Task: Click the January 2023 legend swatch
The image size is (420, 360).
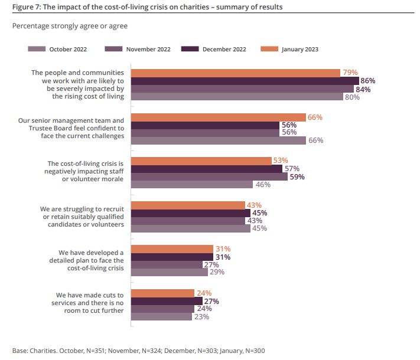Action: (x=269, y=49)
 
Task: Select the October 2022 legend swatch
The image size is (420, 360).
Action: (x=37, y=49)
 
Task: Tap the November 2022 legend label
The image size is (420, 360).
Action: (x=148, y=49)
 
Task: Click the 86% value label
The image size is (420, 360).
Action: (x=367, y=81)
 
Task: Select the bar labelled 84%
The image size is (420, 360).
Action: (x=242, y=89)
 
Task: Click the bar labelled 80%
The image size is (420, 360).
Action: (x=237, y=97)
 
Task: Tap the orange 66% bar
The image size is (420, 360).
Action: (x=218, y=117)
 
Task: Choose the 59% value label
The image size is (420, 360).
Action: (x=297, y=176)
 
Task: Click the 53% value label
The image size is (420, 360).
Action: (x=280, y=161)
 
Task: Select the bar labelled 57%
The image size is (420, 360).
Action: (x=206, y=169)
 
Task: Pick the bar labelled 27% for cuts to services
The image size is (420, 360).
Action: (x=167, y=301)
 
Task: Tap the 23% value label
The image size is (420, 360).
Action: (x=201, y=317)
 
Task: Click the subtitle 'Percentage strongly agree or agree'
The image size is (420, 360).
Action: (x=70, y=26)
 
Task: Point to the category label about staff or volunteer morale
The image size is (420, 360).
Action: (x=85, y=171)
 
